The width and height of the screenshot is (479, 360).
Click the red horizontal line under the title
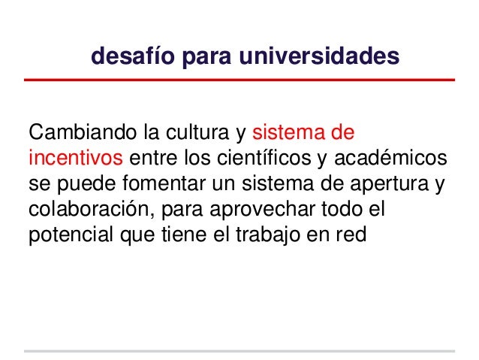239,80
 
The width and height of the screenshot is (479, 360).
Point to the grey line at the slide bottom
239,350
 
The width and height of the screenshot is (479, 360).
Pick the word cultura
196,135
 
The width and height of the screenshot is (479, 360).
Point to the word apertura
396,185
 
